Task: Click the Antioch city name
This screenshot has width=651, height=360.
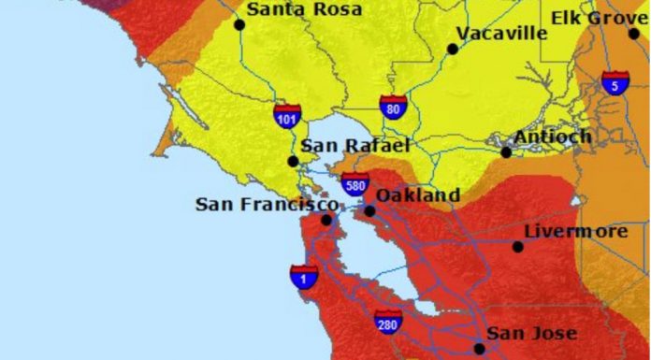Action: click(x=552, y=137)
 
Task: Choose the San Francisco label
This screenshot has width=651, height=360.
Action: click(x=267, y=204)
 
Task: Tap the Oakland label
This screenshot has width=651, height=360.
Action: click(x=418, y=195)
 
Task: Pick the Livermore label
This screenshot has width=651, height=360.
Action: click(x=576, y=230)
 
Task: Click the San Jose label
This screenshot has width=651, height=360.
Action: click(x=532, y=333)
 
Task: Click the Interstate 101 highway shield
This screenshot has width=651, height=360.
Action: click(x=287, y=117)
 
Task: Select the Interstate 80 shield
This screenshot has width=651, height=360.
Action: click(x=393, y=107)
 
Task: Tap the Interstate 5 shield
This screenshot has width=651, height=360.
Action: click(x=615, y=83)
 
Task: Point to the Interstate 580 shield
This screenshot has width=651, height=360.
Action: click(x=354, y=184)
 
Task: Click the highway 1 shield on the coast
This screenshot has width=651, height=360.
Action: click(x=303, y=276)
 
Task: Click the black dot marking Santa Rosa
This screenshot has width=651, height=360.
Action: click(x=239, y=24)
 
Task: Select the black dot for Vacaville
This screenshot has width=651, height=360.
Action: click(x=453, y=49)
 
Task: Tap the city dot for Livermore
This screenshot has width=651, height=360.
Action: click(x=518, y=247)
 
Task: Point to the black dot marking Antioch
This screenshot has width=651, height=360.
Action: click(x=506, y=151)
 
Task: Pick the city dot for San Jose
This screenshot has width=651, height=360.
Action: click(x=480, y=349)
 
